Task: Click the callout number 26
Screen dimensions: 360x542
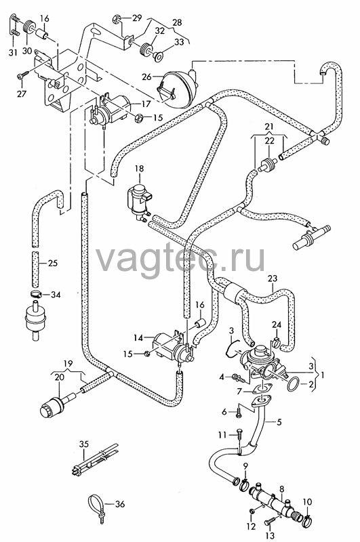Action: pyautogui.click(x=146, y=77)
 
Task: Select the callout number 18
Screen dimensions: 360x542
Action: pyautogui.click(x=139, y=169)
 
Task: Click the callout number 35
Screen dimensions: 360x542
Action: pyautogui.click(x=84, y=444)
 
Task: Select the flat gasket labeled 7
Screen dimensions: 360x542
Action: pyautogui.click(x=262, y=390)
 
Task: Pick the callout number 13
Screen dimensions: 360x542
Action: pyautogui.click(x=271, y=535)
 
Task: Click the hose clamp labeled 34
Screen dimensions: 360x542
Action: pyautogui.click(x=35, y=294)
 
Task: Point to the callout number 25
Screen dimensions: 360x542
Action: pyautogui.click(x=53, y=263)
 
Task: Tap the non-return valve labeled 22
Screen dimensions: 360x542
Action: pyautogui.click(x=268, y=163)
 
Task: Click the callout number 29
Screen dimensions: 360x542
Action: pyautogui.click(x=137, y=18)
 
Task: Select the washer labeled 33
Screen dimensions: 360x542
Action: pyautogui.click(x=159, y=56)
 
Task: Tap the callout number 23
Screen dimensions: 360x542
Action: pyautogui.click(x=273, y=278)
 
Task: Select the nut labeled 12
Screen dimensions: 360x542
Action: pyautogui.click(x=252, y=510)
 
